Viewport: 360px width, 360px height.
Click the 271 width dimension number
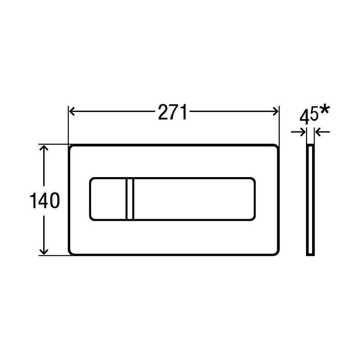[173, 112]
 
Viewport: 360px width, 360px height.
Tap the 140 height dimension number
[45, 201]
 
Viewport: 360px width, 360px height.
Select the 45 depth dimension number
[309, 117]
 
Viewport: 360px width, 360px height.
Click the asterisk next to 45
[324, 109]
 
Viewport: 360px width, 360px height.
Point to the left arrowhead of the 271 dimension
[72, 111]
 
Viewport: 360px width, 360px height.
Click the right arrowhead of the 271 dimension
[275, 111]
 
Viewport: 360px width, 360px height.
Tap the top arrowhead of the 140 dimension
[44, 148]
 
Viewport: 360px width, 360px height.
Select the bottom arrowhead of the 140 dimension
[44, 252]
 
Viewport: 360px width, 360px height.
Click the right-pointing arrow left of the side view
[298, 132]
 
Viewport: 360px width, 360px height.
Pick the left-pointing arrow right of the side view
[322, 132]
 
